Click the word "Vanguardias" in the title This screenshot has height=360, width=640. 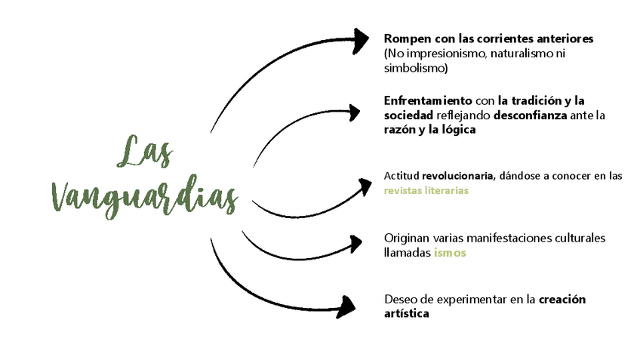pyautogui.click(x=143, y=195)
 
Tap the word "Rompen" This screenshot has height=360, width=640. pyautogui.click(x=405, y=38)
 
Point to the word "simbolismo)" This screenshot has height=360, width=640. pyautogui.click(x=416, y=68)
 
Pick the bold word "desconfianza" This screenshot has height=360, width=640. pyautogui.click(x=531, y=115)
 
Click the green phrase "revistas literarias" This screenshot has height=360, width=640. pyautogui.click(x=426, y=191)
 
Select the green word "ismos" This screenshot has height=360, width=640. pyautogui.click(x=449, y=253)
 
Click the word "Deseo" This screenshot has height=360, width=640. pyautogui.click(x=401, y=300)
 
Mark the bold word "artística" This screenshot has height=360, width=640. pyautogui.click(x=406, y=314)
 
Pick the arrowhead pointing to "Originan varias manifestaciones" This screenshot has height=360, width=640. pyautogui.click(x=352, y=244)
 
